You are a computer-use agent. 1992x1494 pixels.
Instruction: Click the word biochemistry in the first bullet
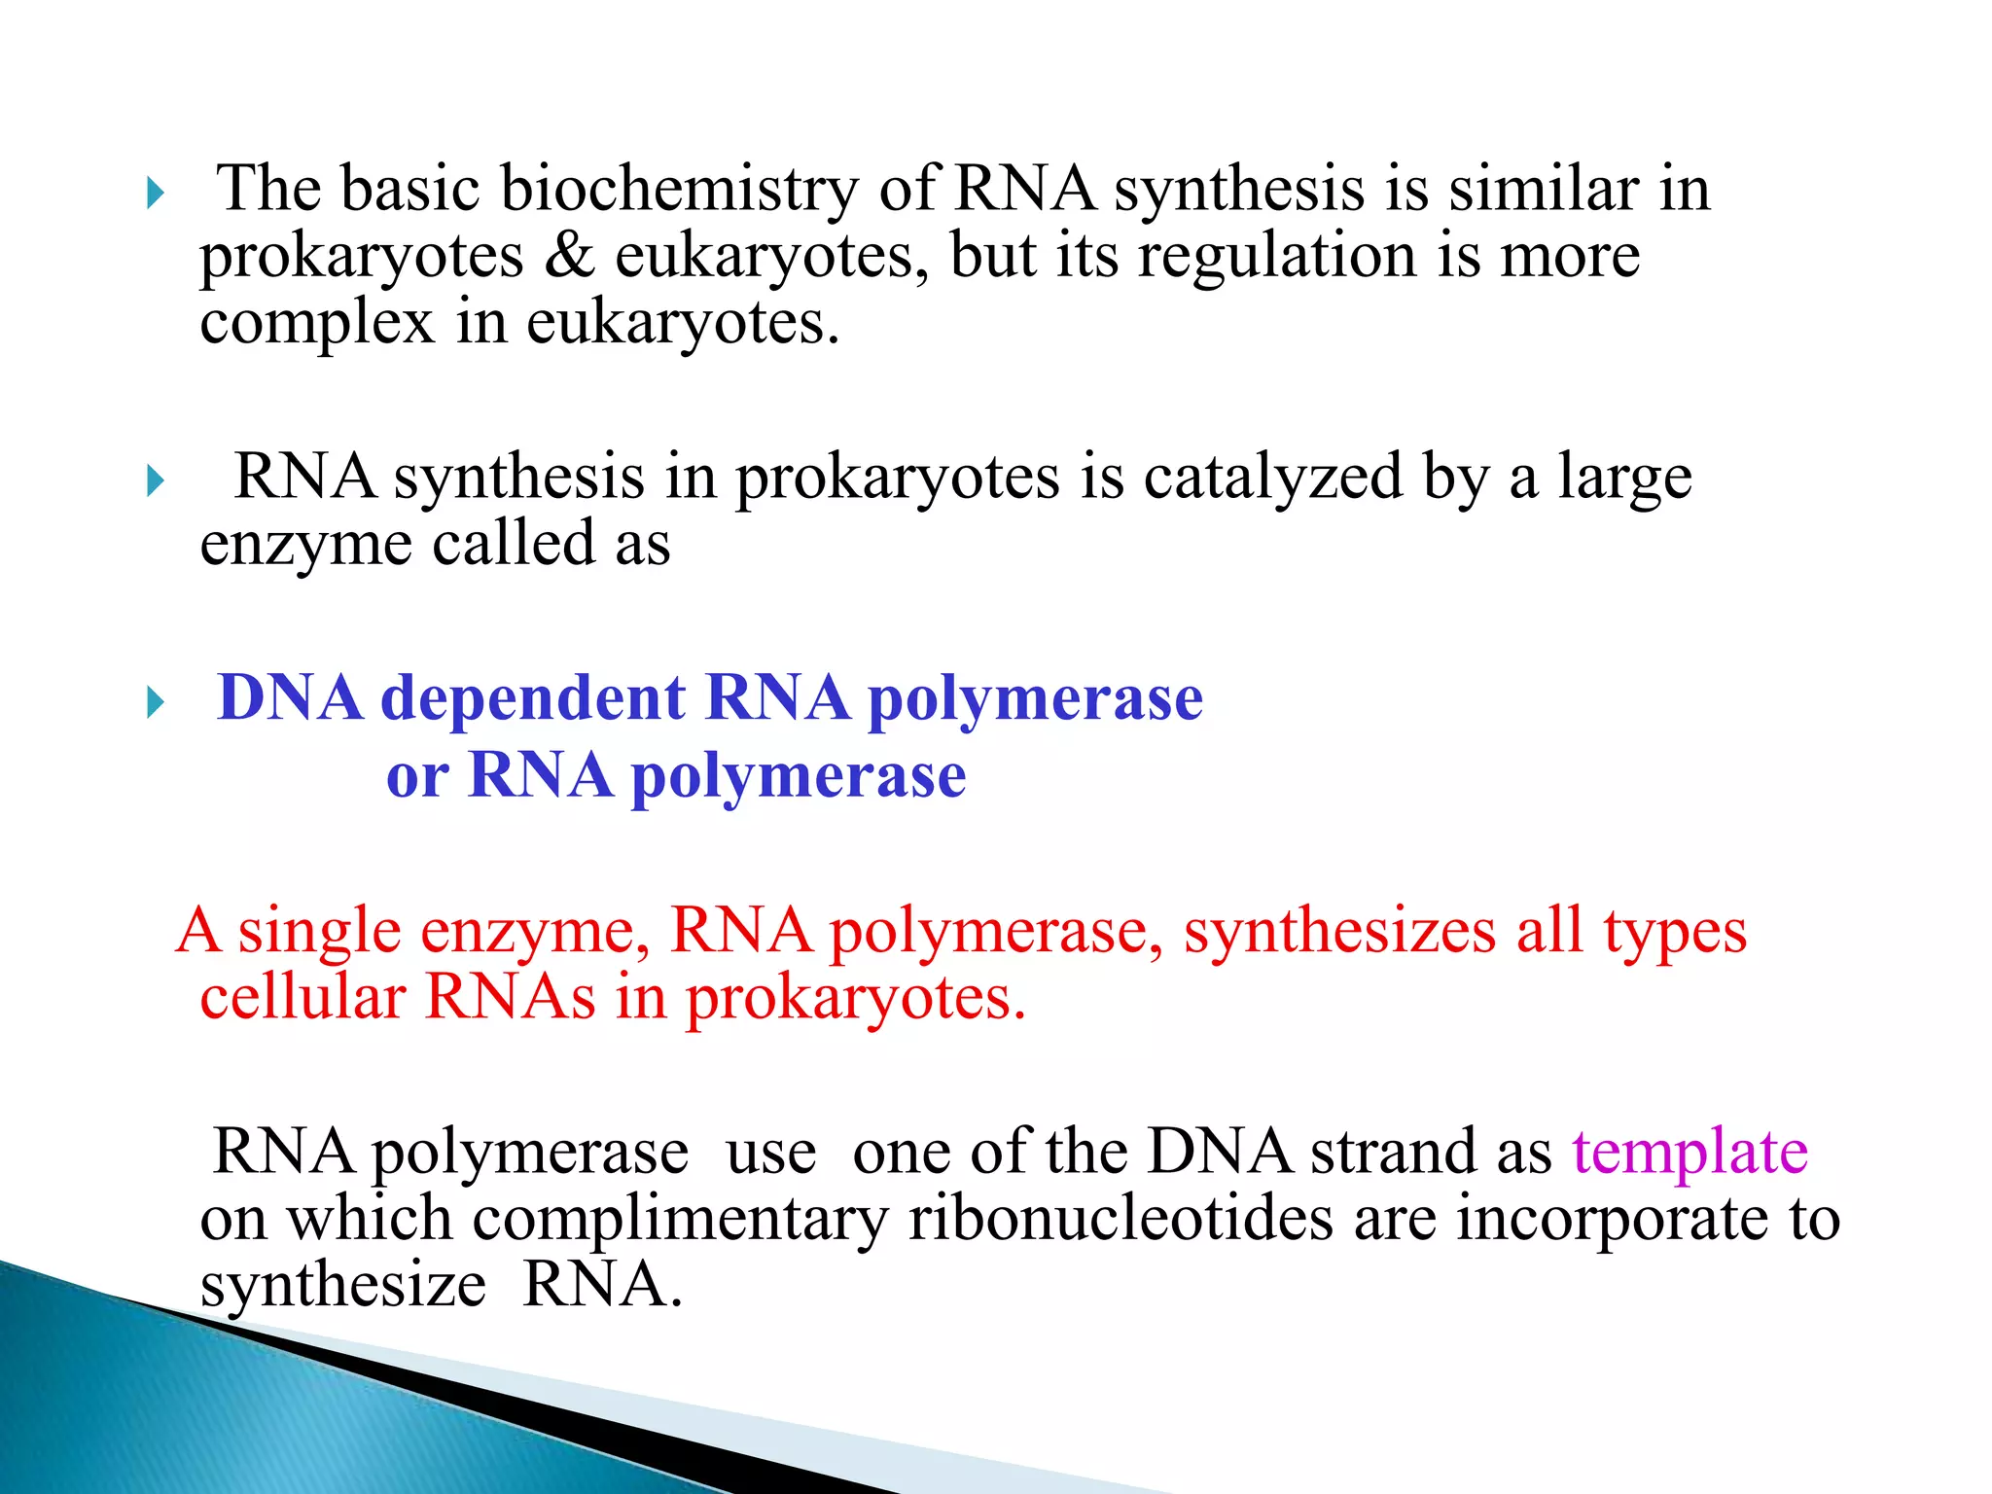point(678,190)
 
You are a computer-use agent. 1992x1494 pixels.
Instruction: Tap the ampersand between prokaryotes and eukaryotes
point(569,257)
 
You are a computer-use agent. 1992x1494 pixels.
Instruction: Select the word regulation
point(1277,257)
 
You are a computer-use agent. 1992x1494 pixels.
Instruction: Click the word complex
point(316,324)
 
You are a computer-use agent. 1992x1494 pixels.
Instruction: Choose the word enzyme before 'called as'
point(305,545)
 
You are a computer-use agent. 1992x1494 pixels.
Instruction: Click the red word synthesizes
point(1338,932)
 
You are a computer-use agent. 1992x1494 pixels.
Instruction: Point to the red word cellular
point(302,999)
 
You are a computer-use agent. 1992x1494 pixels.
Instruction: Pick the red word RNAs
point(510,999)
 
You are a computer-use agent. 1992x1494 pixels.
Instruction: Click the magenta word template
point(1690,1154)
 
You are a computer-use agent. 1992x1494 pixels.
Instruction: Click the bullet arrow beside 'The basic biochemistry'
point(156,194)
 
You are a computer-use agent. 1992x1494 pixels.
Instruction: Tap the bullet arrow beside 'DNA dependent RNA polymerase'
point(156,702)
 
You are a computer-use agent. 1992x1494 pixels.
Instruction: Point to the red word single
point(319,932)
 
